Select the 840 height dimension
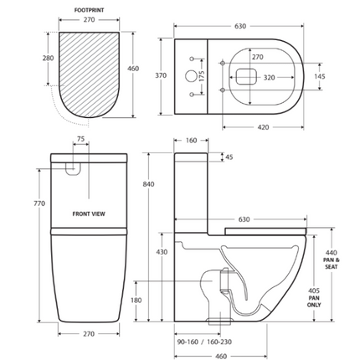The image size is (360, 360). coord(148,184)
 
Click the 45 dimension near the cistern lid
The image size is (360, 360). coord(230,157)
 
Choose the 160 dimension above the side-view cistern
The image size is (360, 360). coord(190,141)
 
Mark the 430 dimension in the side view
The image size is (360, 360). coord(162,251)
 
